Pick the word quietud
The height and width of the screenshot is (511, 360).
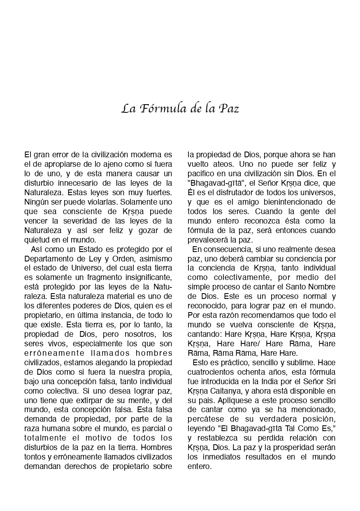click(x=36, y=240)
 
